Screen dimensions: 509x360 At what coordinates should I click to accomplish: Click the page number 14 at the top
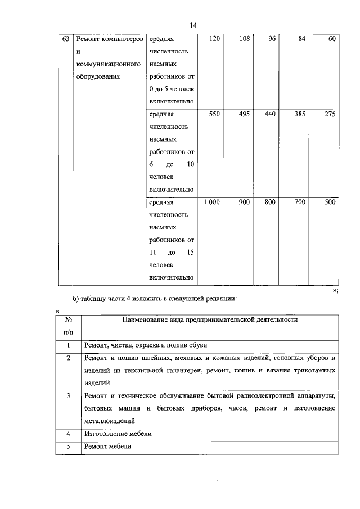point(193,25)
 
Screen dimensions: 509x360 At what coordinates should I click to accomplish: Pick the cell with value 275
point(330,114)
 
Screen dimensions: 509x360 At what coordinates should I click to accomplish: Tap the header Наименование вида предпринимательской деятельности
point(210,320)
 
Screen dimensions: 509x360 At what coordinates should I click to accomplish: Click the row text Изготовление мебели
point(118,434)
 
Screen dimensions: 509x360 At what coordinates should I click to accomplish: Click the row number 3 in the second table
point(67,395)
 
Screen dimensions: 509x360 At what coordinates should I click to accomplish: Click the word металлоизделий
point(110,420)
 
